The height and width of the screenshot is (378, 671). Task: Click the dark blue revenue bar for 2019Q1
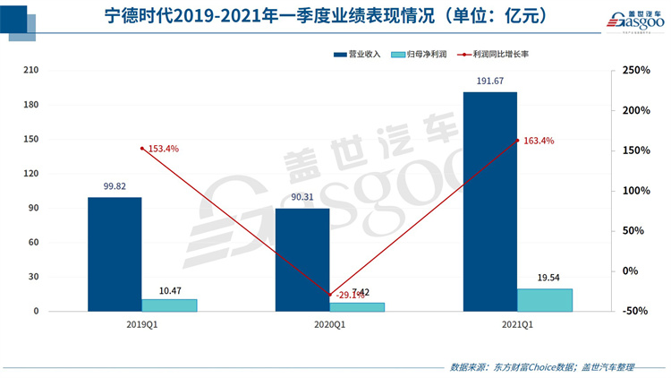tap(115, 254)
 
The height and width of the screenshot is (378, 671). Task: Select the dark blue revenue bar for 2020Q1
tap(302, 260)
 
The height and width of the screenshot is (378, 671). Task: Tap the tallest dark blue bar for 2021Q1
tap(489, 202)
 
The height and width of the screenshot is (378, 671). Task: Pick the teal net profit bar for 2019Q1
tap(169, 305)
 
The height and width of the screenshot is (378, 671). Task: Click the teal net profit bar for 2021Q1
tap(545, 300)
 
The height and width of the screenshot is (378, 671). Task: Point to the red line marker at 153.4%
tap(141, 149)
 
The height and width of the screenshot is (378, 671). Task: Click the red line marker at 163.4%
tap(517, 140)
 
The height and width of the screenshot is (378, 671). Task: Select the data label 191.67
tap(489, 82)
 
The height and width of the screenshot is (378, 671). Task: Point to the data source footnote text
tap(541, 367)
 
